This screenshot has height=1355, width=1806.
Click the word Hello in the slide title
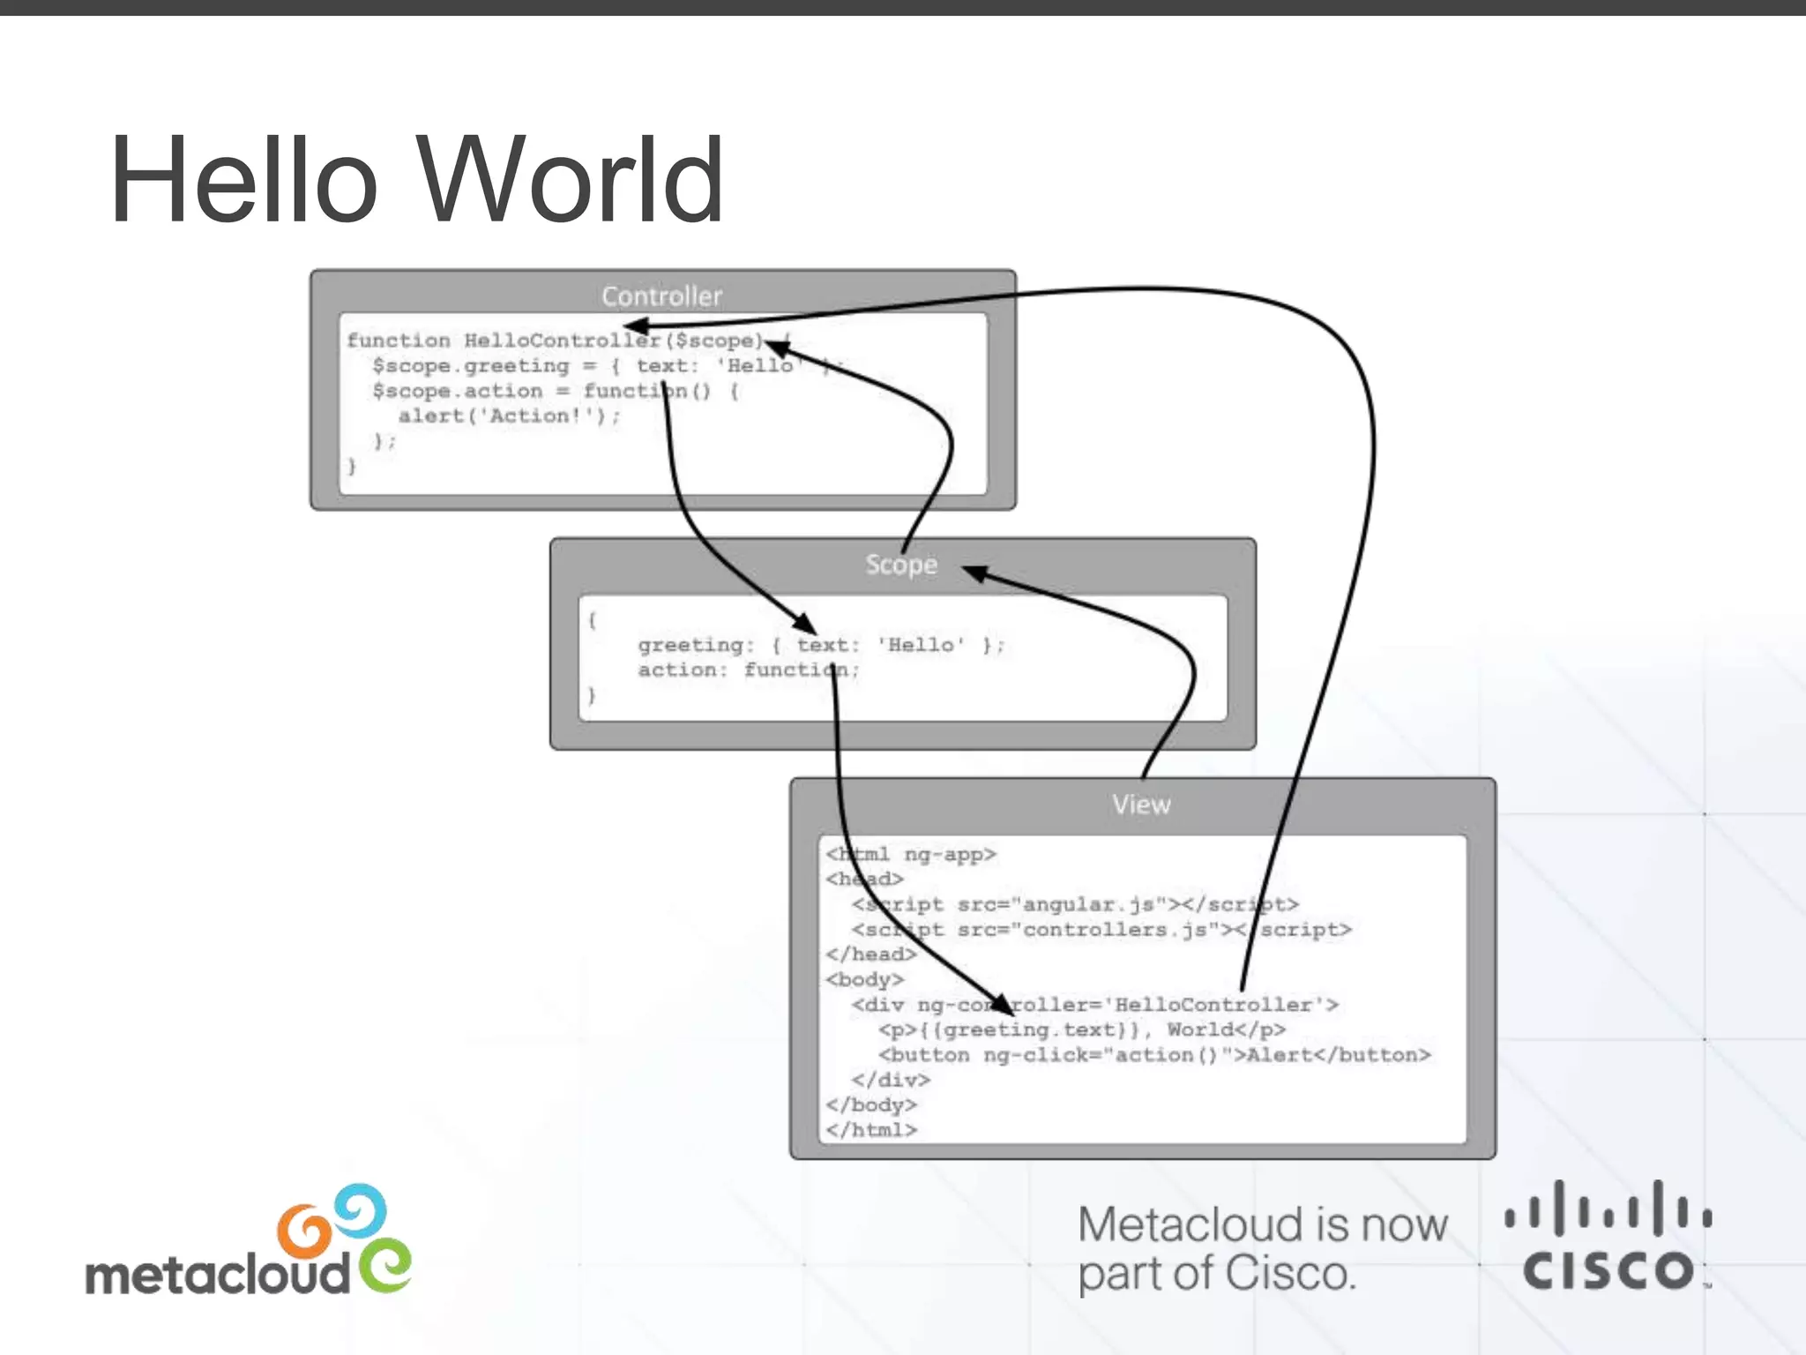coord(243,180)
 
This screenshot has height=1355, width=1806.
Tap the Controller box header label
coord(661,296)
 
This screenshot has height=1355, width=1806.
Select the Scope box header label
coord(900,565)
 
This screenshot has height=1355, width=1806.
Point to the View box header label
coord(1141,805)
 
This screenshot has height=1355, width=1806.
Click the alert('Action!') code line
coord(509,416)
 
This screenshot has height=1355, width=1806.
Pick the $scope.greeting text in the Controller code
coord(471,366)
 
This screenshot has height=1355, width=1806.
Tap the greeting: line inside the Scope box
coord(820,645)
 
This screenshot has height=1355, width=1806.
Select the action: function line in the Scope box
coord(748,670)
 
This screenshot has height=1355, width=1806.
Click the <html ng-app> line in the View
coord(911,854)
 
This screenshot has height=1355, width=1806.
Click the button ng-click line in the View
coord(1153,1055)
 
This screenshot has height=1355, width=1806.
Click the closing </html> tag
coord(871,1130)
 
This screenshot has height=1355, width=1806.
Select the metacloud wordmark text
coord(217,1276)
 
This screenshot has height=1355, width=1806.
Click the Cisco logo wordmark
coord(1608,1270)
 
